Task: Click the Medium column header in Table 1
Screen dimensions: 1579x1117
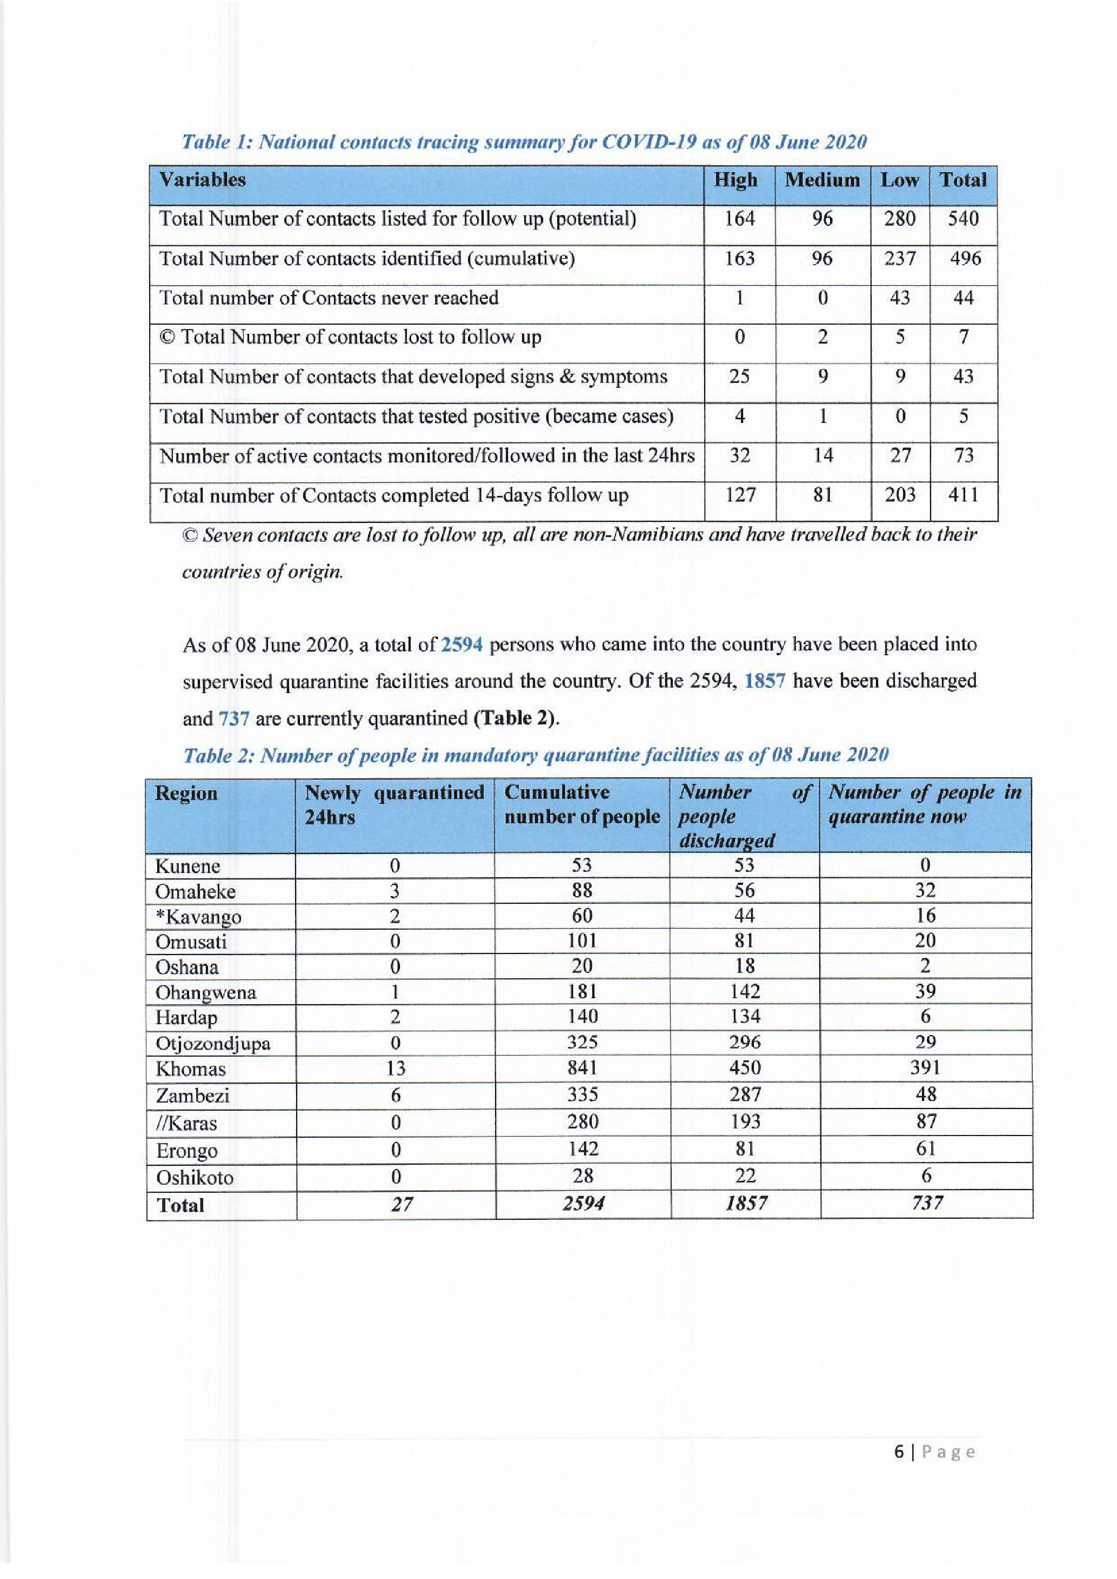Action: pos(822,180)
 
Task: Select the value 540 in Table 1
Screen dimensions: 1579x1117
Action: pos(963,219)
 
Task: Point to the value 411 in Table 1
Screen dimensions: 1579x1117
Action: pos(963,494)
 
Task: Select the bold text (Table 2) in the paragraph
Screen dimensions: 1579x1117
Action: pos(516,718)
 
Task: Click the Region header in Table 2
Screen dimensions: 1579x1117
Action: pos(186,793)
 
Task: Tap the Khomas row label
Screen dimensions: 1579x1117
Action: pos(191,1069)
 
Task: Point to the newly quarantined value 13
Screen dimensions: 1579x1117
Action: pos(396,1068)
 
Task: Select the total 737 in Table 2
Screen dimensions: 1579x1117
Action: pos(926,1203)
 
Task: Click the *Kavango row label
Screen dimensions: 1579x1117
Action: pos(198,917)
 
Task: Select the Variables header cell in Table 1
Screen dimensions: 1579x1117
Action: pos(202,180)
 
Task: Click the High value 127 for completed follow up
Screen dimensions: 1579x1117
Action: pos(740,494)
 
